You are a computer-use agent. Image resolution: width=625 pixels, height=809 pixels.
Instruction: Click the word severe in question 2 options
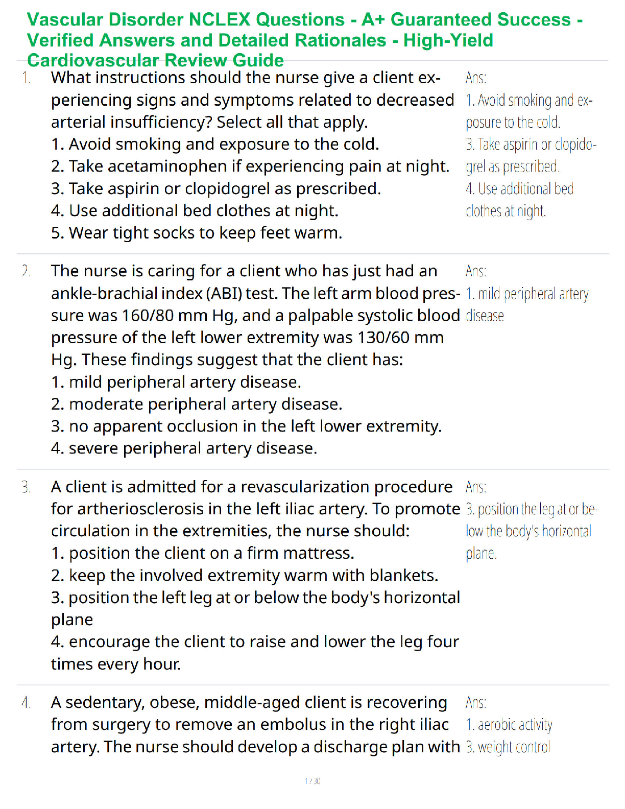point(93,448)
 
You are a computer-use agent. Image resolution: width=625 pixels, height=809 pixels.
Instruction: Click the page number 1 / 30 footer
point(312,781)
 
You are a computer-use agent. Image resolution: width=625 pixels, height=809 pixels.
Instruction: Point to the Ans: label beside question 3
point(475,487)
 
